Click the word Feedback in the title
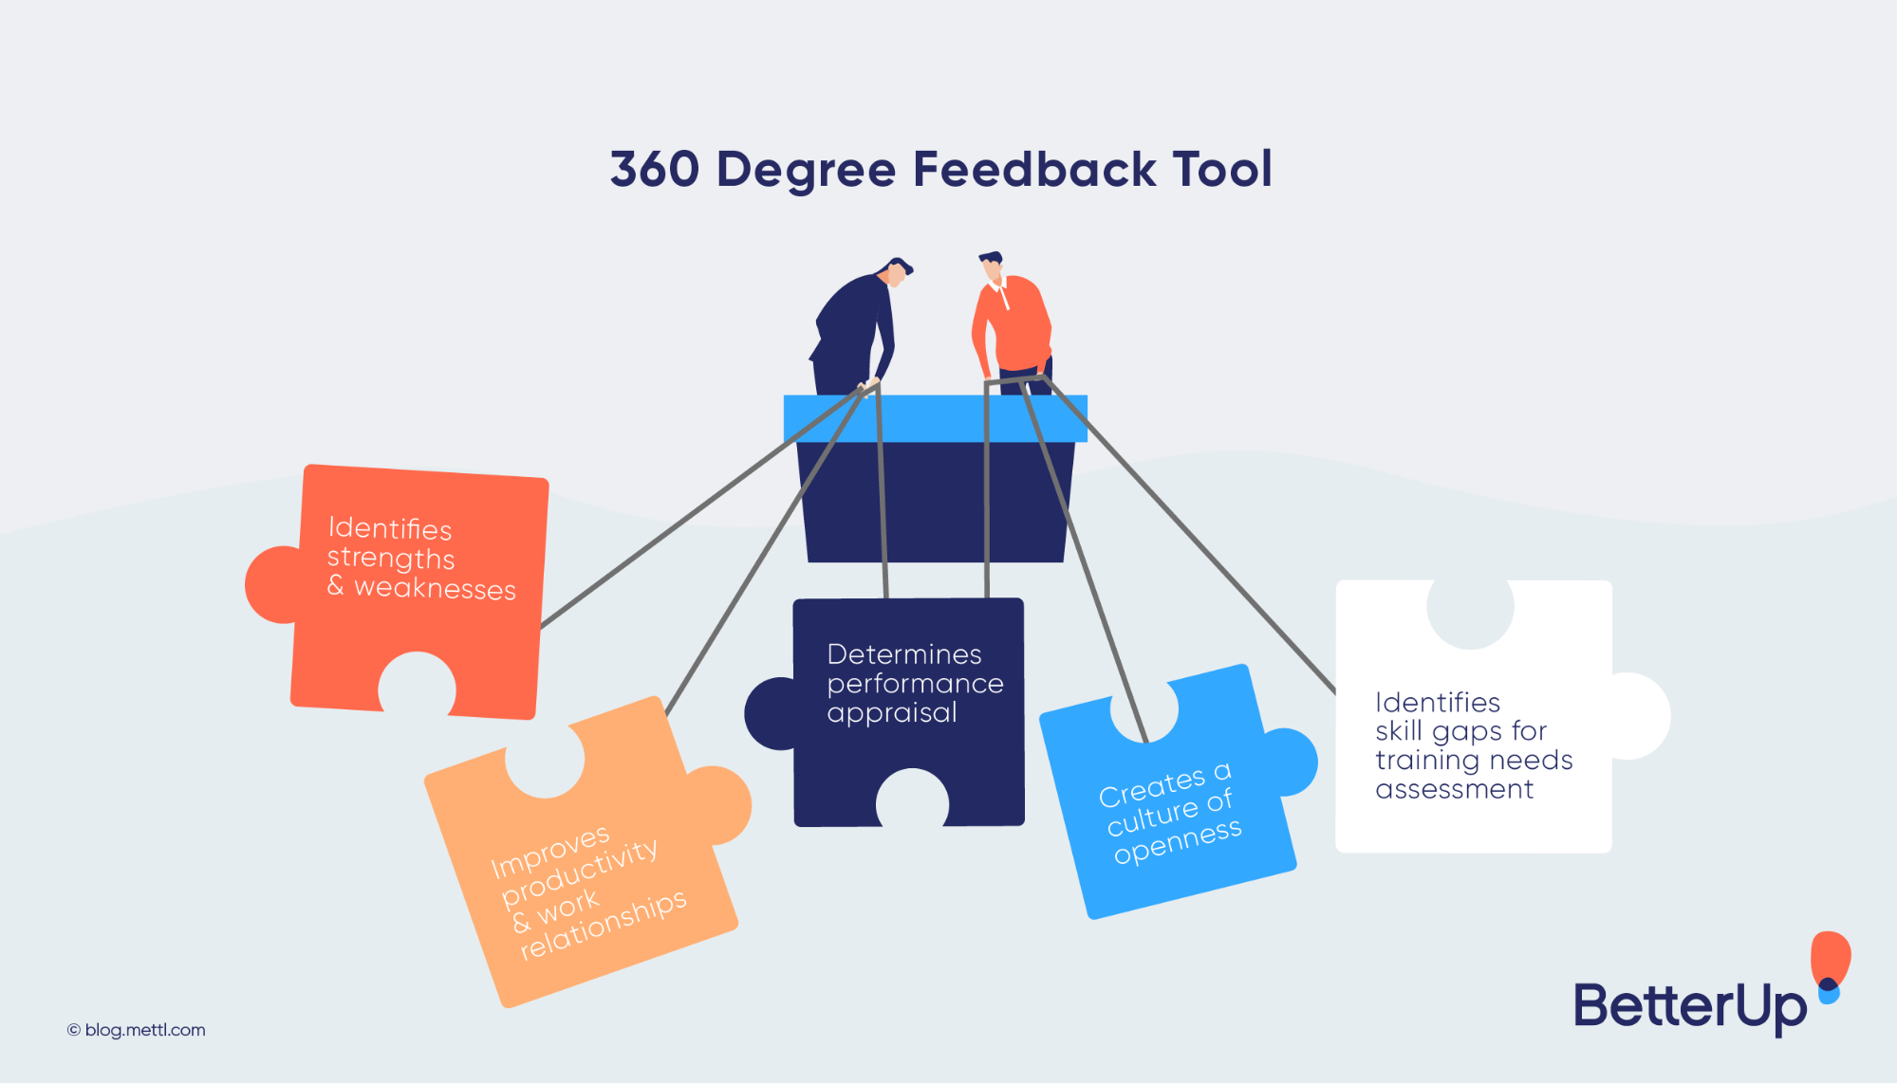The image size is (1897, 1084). pyautogui.click(x=1034, y=170)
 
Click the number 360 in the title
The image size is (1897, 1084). pyautogui.click(x=655, y=170)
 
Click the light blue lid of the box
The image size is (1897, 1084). pyautogui.click(x=935, y=418)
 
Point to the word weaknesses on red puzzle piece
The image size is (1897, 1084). pyautogui.click(x=435, y=589)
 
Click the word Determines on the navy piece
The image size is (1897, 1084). pyautogui.click(x=904, y=654)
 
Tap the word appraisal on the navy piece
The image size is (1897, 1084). pyautogui.click(x=891, y=713)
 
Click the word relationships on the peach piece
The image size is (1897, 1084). pyautogui.click(x=604, y=926)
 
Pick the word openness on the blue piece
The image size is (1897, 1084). pyautogui.click(x=1178, y=841)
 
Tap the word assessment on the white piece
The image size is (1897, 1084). pyautogui.click(x=1454, y=789)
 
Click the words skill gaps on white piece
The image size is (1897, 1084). pyautogui.click(x=1440, y=731)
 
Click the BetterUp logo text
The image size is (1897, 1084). pyautogui.click(x=1690, y=1005)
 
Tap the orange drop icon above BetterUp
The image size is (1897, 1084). pyautogui.click(x=1831, y=958)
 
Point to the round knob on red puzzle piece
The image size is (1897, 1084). pyautogui.click(x=270, y=585)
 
